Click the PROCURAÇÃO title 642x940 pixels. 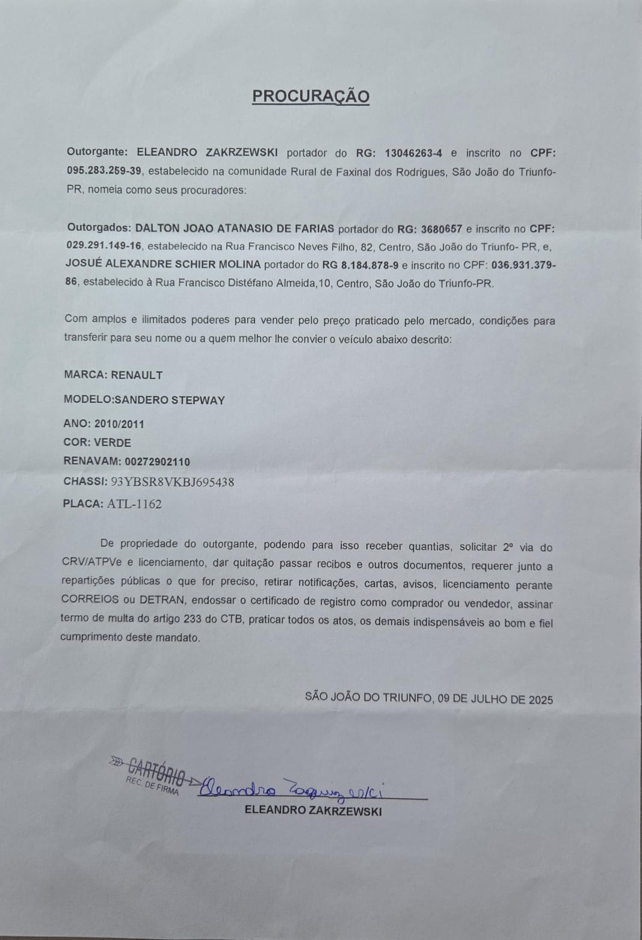click(310, 96)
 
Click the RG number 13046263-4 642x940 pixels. click(413, 153)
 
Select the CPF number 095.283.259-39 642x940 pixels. click(104, 171)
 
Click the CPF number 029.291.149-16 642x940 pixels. click(104, 246)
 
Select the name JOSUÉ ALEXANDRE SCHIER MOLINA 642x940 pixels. click(163, 264)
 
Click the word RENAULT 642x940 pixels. click(137, 375)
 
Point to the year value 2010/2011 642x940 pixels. click(119, 424)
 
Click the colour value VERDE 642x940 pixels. click(113, 443)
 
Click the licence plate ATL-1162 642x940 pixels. click(134, 504)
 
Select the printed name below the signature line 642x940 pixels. click(313, 811)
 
